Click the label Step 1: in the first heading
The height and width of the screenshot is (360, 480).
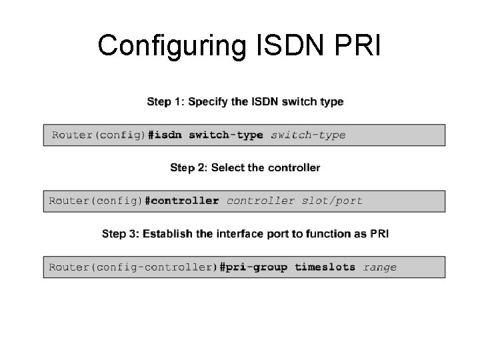point(165,102)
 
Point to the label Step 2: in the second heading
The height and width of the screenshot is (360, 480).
point(189,167)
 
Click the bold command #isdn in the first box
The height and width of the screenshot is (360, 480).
point(165,135)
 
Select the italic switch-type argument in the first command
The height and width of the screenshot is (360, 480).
point(308,135)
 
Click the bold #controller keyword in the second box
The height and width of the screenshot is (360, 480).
point(182,201)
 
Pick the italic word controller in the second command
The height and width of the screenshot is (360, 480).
point(261,201)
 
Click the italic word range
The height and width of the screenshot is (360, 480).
point(380,267)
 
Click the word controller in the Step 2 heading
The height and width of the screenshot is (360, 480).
point(294,167)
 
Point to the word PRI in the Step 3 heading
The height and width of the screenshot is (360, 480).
point(379,233)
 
